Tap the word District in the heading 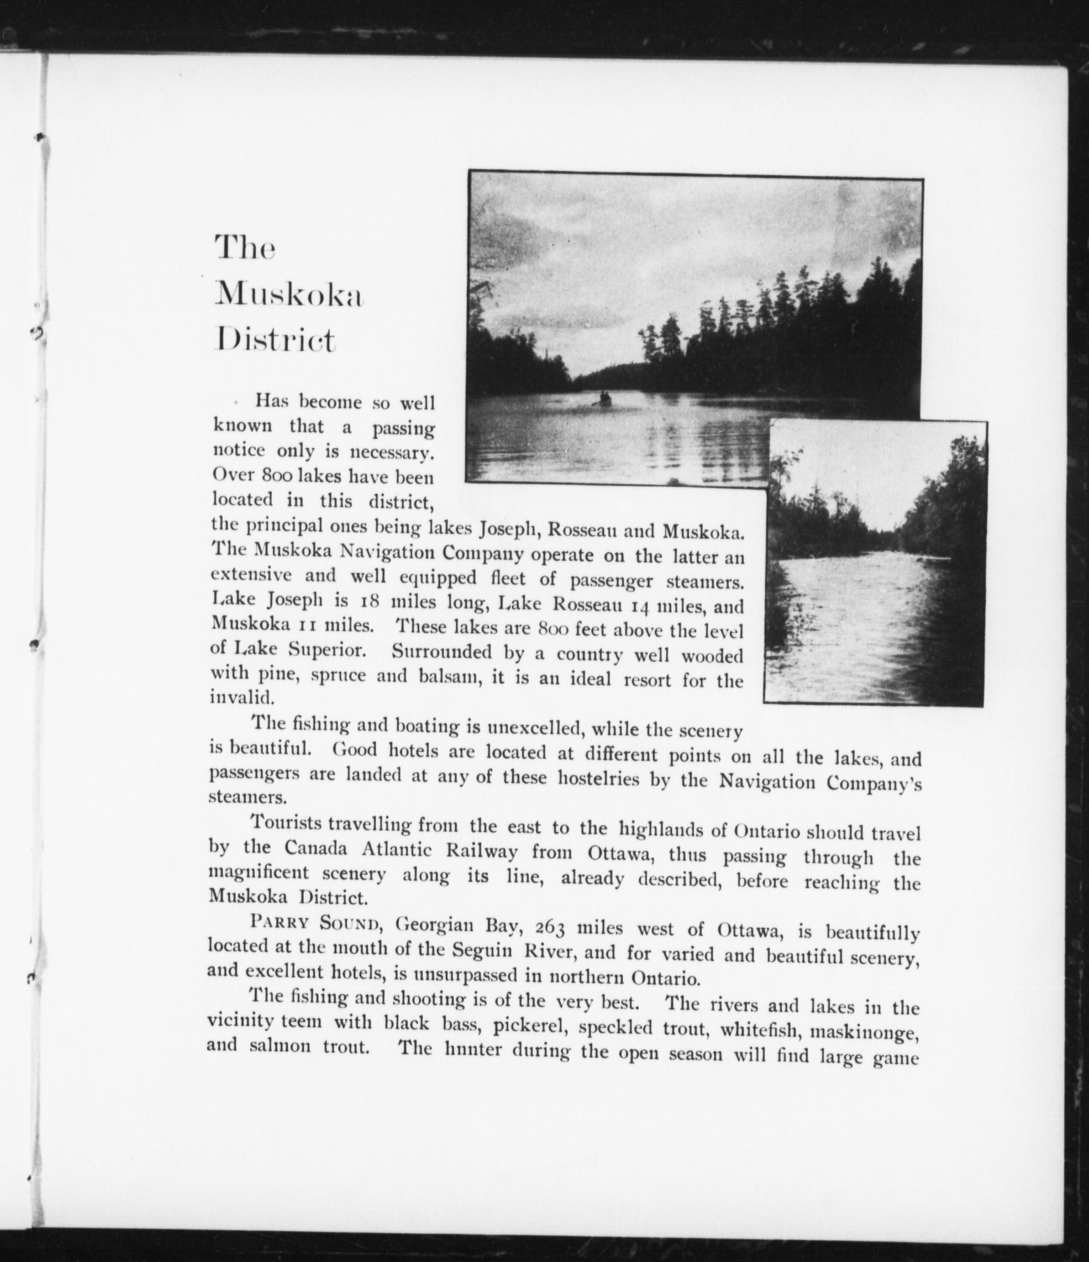275,341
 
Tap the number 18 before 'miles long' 369,601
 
